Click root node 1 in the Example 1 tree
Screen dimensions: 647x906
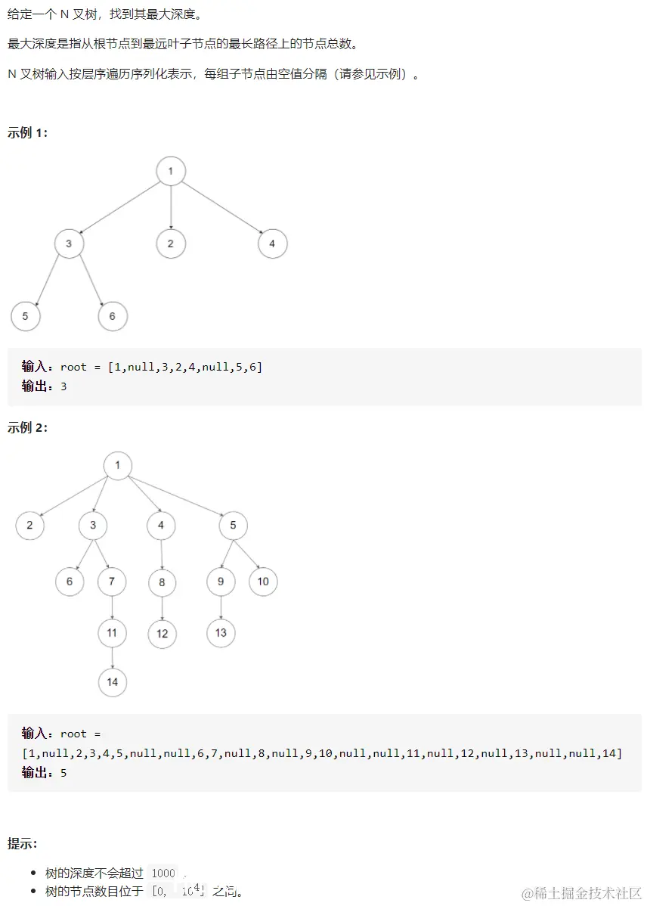171,171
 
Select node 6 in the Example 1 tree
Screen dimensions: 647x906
113,316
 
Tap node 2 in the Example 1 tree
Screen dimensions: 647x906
171,244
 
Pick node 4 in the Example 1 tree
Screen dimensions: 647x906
272,244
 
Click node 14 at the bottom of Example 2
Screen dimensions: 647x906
113,682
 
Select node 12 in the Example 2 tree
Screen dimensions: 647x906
162,634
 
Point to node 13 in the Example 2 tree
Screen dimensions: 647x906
221,633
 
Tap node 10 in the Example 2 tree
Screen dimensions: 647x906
263,582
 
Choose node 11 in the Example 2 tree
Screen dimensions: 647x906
112,633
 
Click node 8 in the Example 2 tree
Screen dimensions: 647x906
162,582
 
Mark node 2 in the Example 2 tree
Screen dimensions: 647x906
29,525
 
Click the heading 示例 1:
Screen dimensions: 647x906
28,133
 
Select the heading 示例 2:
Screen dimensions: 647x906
28,428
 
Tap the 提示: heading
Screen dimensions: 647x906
23,843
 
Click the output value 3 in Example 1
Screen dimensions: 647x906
63,386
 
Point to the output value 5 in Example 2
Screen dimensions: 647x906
63,773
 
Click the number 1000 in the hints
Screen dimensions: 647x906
163,873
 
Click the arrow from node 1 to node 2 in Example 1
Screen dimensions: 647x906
171,207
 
